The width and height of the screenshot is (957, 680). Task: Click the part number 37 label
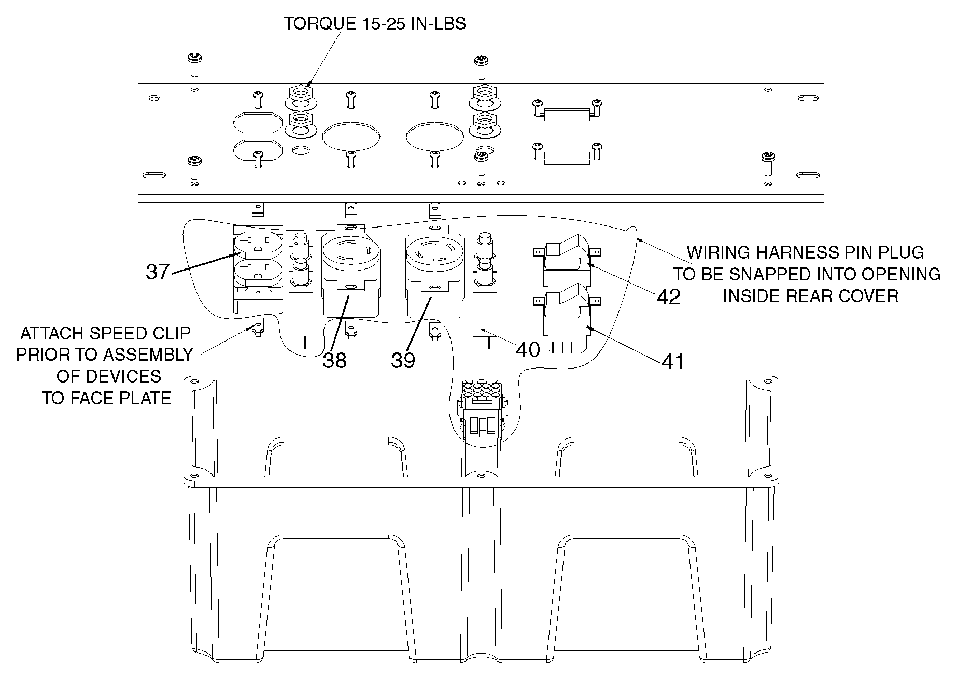tap(158, 271)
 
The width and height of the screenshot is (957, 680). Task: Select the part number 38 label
tap(334, 360)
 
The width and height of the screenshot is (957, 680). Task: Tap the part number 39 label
tap(403, 360)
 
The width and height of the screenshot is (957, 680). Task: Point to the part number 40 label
tap(528, 350)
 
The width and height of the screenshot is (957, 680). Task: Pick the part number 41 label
tap(672, 362)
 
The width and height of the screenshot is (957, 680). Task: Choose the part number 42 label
tap(669, 297)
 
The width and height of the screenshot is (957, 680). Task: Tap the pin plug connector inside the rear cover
tap(481, 409)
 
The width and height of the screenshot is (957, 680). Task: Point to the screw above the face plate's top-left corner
tap(194, 64)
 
